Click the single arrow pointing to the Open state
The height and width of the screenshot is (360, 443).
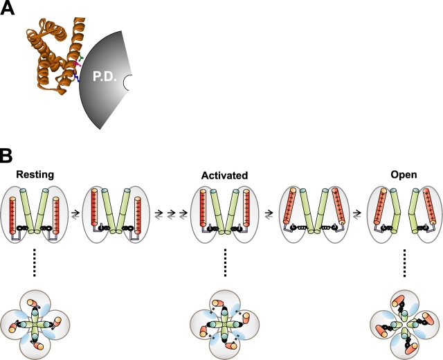point(357,215)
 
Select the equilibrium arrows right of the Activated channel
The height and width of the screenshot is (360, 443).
point(267,215)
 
